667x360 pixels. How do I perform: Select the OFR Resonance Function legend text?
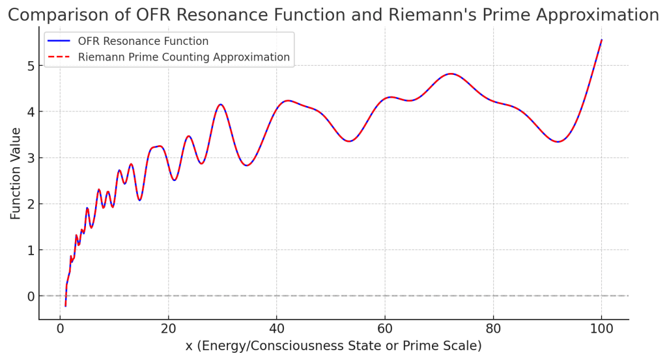(147, 42)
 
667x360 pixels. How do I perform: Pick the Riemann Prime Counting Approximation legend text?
(184, 57)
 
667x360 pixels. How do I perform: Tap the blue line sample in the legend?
(59, 42)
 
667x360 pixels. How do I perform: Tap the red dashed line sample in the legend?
(59, 57)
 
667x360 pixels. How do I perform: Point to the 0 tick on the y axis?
(30, 296)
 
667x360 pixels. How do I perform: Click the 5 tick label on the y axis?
(30, 66)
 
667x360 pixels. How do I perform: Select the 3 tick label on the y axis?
(30, 158)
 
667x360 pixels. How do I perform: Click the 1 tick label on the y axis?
(30, 250)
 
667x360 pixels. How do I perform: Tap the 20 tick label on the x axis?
(168, 329)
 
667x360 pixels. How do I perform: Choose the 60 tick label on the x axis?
(384, 329)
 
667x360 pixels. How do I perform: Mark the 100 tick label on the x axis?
(601, 329)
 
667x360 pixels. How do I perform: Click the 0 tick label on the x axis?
(60, 329)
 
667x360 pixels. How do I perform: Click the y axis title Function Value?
(15, 173)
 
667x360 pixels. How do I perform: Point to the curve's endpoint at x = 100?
(601, 40)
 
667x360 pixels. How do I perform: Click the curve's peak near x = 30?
(221, 104)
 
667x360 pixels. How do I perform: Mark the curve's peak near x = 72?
(450, 74)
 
